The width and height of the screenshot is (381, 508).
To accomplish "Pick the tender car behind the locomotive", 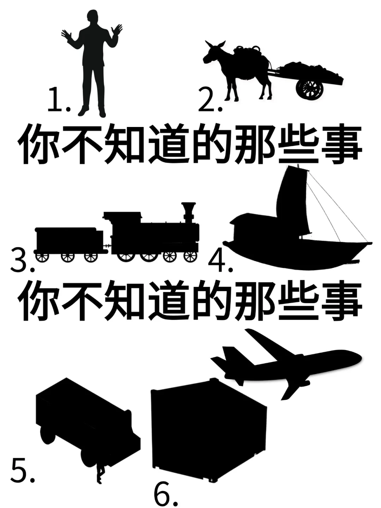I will [67, 240].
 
